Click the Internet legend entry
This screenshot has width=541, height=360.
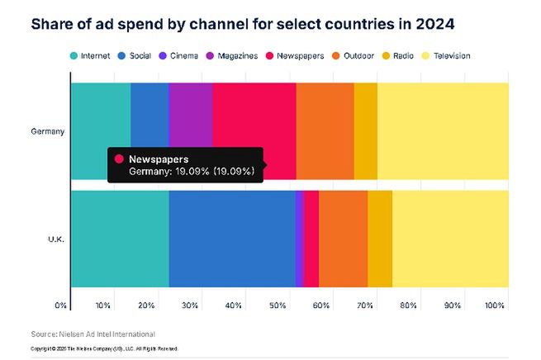pos(89,56)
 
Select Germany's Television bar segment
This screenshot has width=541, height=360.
pos(443,130)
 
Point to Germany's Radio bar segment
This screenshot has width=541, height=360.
pos(365,130)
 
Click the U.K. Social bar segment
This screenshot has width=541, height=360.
pos(232,239)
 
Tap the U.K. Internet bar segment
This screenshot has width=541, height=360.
pos(120,239)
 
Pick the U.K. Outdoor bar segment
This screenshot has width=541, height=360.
pos(343,239)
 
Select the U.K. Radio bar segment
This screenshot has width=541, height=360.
pos(380,239)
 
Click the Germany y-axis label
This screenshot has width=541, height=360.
pos(47,131)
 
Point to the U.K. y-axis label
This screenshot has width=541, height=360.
pos(55,239)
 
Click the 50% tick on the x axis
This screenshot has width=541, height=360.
pos(277,306)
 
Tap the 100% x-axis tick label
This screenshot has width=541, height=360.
pos(495,306)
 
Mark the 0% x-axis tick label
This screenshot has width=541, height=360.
pos(61,306)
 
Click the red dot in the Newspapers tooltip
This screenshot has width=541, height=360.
pos(120,159)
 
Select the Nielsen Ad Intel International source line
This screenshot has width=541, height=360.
pos(93,334)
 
